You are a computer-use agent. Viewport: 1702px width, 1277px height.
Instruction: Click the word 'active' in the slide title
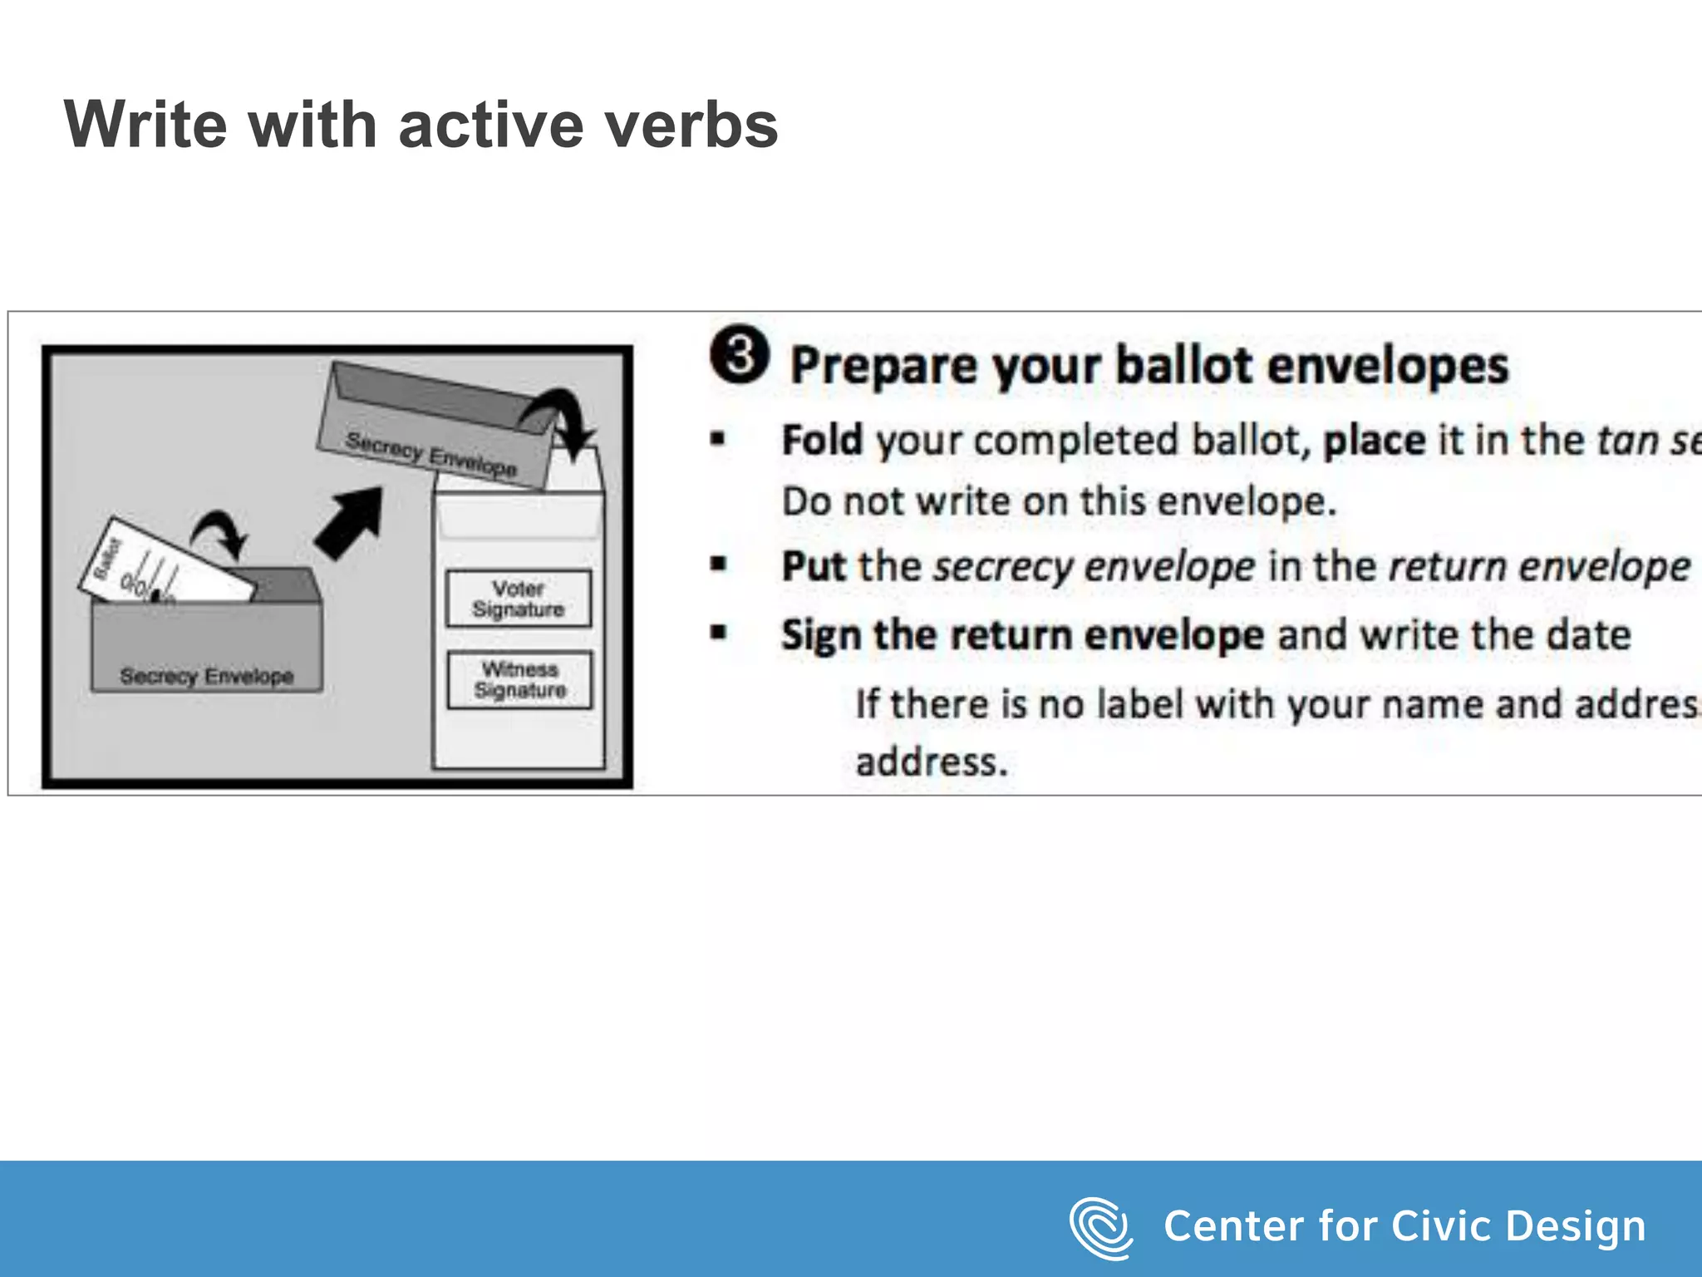pos(491,125)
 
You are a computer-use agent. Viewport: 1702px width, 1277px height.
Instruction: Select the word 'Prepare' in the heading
pos(883,366)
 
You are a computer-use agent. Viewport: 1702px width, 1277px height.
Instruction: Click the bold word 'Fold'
pos(822,440)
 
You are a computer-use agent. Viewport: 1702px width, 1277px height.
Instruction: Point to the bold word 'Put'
pos(814,567)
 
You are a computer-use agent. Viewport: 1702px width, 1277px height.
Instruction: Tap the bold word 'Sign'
pos(820,635)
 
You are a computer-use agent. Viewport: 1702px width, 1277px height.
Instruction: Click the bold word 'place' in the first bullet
pos(1374,440)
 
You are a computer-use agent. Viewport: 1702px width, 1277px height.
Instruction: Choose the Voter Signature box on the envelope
pos(519,599)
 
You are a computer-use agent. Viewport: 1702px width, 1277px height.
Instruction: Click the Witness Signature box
pos(519,680)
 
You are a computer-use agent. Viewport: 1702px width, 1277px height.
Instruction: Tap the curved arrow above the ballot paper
pos(221,531)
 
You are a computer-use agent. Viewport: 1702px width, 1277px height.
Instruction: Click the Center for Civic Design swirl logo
pos(1100,1227)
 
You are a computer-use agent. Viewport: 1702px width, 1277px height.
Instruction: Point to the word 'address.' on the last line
pos(932,762)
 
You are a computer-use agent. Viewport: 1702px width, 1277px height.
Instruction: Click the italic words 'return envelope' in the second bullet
pos(1539,567)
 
